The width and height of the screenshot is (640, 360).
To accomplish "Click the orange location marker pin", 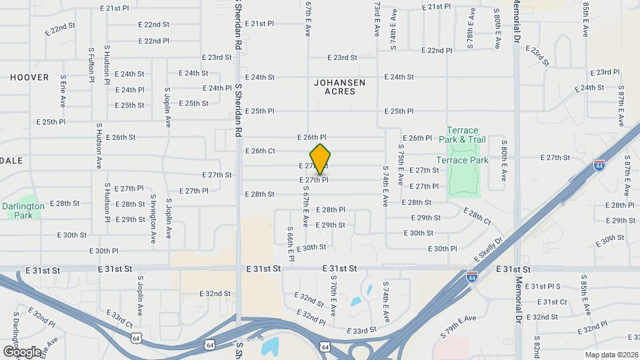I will click(x=320, y=159).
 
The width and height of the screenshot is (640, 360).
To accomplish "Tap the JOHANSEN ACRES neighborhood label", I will click(x=340, y=87).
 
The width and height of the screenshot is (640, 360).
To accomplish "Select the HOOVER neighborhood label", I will click(x=29, y=77).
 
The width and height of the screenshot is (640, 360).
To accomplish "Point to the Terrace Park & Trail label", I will click(x=459, y=135).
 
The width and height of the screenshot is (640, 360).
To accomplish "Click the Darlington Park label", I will click(x=23, y=211).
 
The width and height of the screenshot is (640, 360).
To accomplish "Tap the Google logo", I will click(x=21, y=351).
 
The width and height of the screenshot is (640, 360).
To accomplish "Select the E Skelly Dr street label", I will click(x=488, y=248).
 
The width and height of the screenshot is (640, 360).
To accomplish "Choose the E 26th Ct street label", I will click(x=260, y=151).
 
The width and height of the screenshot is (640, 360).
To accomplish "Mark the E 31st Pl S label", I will click(x=543, y=286).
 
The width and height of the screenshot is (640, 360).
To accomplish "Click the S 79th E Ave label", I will click(x=458, y=325).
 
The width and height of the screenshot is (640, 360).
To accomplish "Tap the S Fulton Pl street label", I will click(x=91, y=64).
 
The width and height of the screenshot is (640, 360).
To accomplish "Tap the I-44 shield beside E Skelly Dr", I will click(x=471, y=277).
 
